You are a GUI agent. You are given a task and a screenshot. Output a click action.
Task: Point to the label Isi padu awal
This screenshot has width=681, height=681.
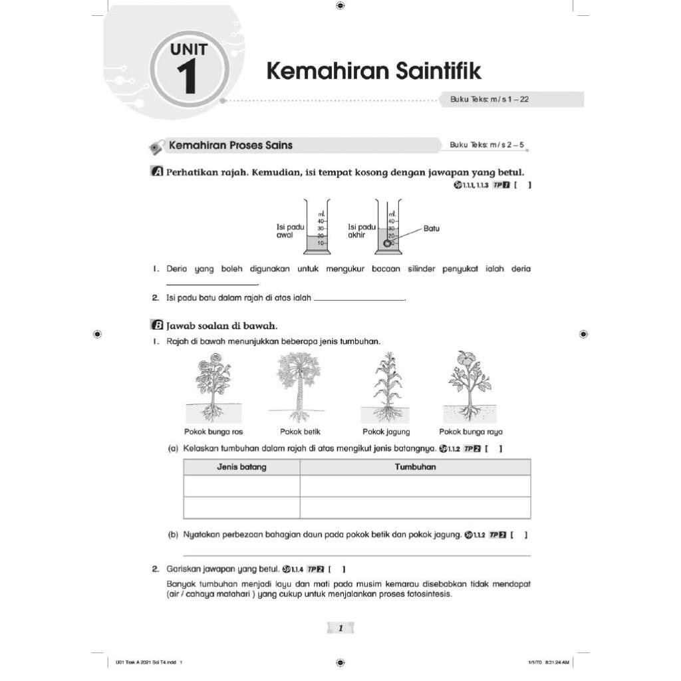(x=290, y=231)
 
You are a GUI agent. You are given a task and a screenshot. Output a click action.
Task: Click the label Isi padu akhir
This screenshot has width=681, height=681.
(x=362, y=231)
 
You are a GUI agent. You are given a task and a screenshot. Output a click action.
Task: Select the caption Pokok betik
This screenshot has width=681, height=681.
(x=300, y=432)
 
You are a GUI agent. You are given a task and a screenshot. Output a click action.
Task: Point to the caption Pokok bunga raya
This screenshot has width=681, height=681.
(x=471, y=432)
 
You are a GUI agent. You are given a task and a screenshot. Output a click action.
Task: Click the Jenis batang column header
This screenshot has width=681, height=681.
(x=241, y=467)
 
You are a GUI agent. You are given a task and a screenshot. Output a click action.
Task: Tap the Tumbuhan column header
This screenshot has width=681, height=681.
(x=415, y=467)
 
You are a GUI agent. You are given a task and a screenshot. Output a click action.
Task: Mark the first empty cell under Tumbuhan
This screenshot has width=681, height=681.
(x=415, y=486)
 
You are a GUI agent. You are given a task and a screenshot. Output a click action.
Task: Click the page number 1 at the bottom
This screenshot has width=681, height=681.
(x=340, y=628)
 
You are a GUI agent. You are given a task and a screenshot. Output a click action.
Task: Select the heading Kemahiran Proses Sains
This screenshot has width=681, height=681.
(x=231, y=145)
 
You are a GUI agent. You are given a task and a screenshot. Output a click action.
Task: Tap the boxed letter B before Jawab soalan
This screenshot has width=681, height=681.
(x=158, y=325)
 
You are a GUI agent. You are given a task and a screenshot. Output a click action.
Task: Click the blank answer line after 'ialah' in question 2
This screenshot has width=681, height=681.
(x=359, y=299)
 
